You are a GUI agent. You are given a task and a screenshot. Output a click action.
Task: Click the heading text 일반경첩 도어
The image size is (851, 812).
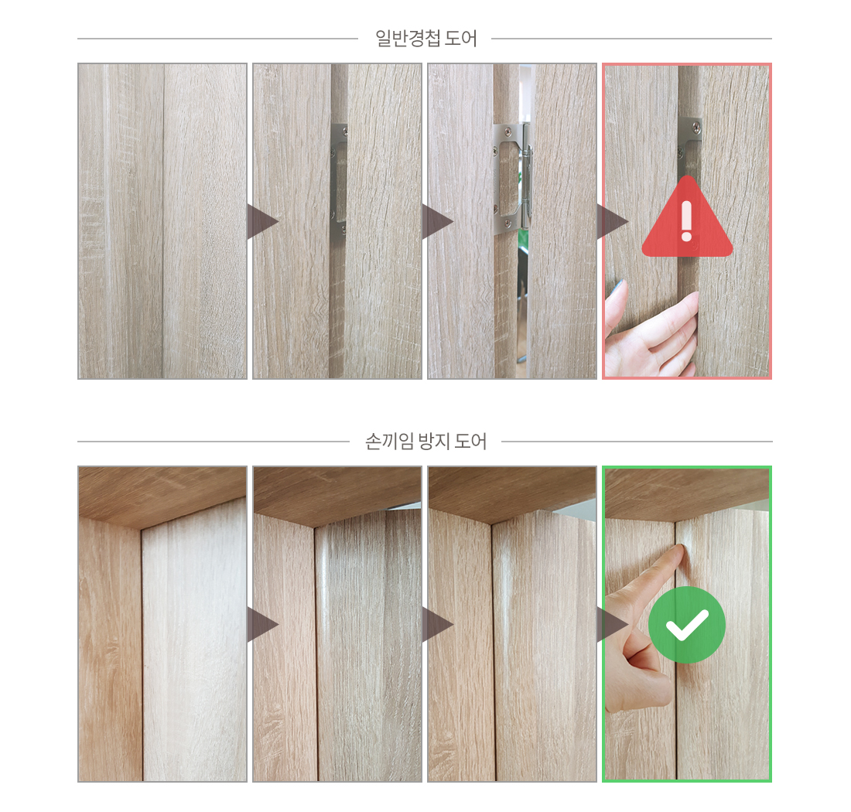click(x=426, y=39)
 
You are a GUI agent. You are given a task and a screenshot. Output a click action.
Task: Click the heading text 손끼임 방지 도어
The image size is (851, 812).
click(x=425, y=442)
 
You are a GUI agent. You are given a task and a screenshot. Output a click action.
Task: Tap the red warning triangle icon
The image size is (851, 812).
click(x=687, y=217)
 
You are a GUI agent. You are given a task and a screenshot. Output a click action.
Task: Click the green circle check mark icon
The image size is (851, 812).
click(x=687, y=624)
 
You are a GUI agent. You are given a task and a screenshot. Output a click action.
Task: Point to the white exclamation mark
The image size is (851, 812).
click(x=686, y=221)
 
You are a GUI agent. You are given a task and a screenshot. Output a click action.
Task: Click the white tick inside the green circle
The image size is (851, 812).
click(x=687, y=625)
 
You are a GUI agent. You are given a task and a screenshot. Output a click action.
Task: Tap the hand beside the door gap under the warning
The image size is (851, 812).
click(x=651, y=331)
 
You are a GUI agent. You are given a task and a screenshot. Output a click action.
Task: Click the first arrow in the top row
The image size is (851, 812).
click(x=263, y=221)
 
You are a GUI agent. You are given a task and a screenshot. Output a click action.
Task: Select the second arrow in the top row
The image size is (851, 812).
click(x=438, y=221)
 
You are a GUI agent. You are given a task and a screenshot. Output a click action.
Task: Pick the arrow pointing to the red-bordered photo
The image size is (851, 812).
click(x=613, y=221)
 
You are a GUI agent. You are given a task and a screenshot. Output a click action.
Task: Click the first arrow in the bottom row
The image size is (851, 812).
click(x=263, y=624)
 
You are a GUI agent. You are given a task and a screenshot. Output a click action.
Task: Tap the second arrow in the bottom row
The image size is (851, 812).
click(x=438, y=624)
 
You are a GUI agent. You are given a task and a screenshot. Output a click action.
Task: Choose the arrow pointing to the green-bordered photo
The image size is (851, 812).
click(x=613, y=624)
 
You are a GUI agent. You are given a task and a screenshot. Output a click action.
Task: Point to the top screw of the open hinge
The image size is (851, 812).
click(x=507, y=130)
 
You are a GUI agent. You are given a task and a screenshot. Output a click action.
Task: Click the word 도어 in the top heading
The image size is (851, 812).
click(x=461, y=39)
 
